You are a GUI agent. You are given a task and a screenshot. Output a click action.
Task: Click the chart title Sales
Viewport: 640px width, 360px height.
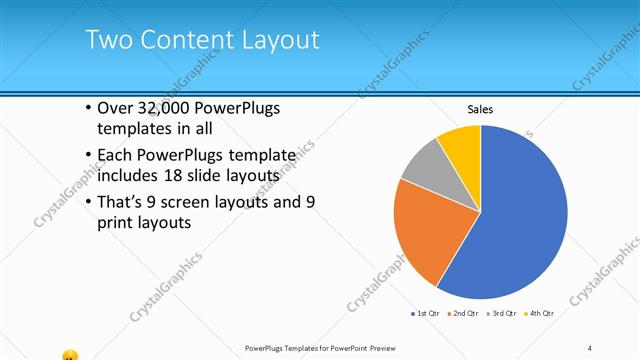click(481, 109)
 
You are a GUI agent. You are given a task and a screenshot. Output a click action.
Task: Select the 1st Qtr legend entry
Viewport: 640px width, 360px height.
click(427, 313)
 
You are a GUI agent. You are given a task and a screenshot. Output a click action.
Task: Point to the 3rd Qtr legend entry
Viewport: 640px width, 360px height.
click(502, 313)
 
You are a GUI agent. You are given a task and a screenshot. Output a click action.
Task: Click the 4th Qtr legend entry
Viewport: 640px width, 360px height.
click(539, 313)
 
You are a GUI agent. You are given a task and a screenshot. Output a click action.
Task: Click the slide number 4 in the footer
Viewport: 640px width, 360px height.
click(590, 347)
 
